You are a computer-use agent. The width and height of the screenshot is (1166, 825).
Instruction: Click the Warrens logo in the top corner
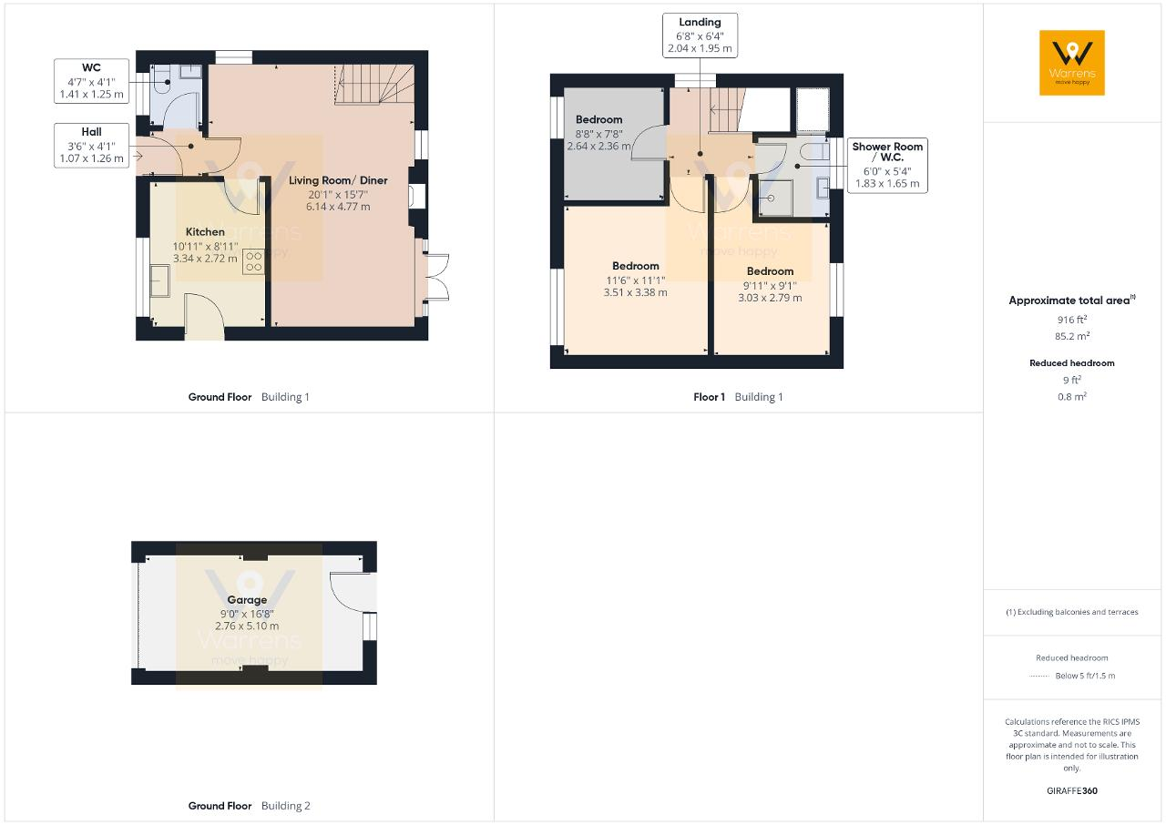coord(1072,63)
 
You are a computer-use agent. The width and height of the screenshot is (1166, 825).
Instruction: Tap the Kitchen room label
coord(205,232)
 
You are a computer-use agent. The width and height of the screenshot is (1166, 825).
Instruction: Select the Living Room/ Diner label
coord(338,180)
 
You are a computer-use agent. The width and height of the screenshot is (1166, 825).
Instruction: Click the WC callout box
coord(92,81)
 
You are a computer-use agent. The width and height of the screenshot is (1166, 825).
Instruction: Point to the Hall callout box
coord(92,145)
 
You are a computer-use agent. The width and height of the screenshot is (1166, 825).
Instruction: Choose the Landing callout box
coord(700,36)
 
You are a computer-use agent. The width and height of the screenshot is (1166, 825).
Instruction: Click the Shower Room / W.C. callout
coord(887,166)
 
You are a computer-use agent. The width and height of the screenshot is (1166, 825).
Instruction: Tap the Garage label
coord(247,600)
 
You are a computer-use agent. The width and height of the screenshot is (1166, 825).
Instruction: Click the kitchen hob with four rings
coord(253,261)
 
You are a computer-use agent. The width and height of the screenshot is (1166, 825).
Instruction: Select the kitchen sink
coord(159,280)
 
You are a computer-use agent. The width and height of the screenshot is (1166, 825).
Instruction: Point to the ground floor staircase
coord(374,84)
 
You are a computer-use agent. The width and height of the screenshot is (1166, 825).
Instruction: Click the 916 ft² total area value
coord(1072,320)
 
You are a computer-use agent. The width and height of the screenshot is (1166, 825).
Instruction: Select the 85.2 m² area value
coord(1072,336)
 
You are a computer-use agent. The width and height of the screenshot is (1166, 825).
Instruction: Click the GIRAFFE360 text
coord(1072,790)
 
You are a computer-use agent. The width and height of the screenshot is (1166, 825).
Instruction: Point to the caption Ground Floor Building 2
coord(249,806)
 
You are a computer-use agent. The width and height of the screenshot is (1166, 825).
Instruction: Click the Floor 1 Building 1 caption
coord(738,397)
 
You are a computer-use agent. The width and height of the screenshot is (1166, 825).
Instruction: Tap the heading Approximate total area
coord(1072,300)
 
